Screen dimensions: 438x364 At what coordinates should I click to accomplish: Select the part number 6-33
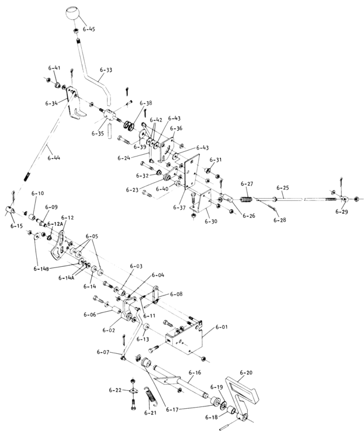pos(106,70)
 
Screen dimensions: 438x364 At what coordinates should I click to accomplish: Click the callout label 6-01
pos(222,327)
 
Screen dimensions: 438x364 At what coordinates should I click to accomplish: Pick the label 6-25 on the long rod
pos(283,188)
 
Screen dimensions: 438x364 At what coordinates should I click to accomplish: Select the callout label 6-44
pos(54,157)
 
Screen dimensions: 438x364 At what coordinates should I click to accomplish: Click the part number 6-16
pos(195,372)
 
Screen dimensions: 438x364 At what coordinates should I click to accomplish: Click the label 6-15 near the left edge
pos(16,225)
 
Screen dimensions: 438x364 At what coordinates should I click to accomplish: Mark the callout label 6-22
pos(115,390)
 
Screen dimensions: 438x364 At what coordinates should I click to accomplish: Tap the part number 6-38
pos(145,103)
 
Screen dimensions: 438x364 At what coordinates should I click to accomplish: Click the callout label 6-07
pos(102,352)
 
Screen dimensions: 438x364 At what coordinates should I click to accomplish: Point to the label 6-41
pos(54,68)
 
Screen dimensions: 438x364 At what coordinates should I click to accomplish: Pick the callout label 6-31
pos(216,160)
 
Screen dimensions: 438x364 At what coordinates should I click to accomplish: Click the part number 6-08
pos(176,294)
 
